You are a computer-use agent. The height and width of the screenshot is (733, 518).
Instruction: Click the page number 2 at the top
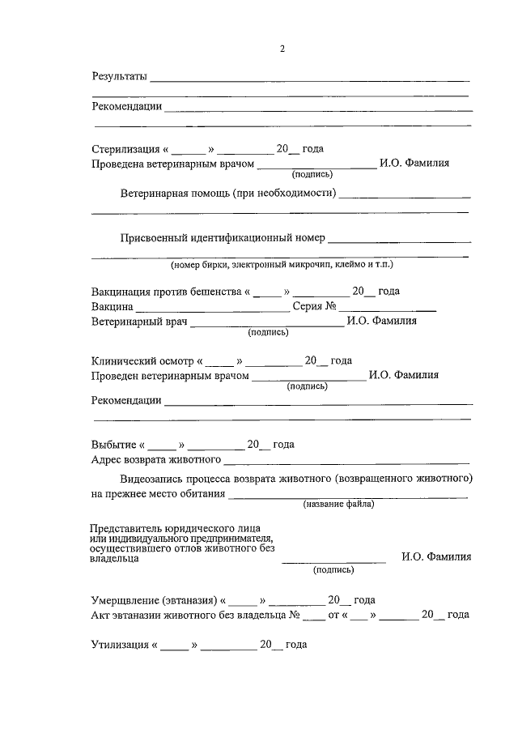282,49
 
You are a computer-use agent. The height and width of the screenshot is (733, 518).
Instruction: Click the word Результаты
119,77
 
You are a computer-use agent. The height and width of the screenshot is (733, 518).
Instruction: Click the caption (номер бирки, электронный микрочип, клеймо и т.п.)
282,265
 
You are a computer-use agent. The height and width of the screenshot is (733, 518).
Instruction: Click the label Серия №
314,306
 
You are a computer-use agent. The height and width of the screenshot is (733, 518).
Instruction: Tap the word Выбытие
114,445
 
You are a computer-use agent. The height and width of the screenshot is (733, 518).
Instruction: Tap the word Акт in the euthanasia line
101,615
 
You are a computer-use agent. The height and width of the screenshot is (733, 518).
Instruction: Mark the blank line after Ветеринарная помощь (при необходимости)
405,195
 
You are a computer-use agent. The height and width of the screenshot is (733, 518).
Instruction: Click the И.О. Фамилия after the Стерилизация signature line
415,164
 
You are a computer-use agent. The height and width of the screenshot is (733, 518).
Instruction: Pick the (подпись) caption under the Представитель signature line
333,569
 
